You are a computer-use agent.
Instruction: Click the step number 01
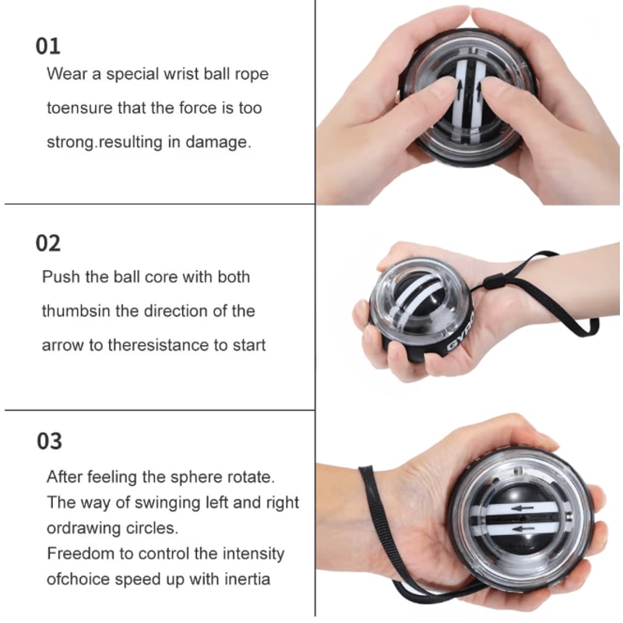pos(48,46)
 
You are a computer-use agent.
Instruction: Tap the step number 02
pos(48,244)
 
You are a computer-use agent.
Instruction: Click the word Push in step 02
pos(60,276)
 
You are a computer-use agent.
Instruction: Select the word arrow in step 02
pos(62,345)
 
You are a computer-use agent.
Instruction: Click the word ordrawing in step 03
pos(86,528)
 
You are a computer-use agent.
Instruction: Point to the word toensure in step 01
pos(79,108)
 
